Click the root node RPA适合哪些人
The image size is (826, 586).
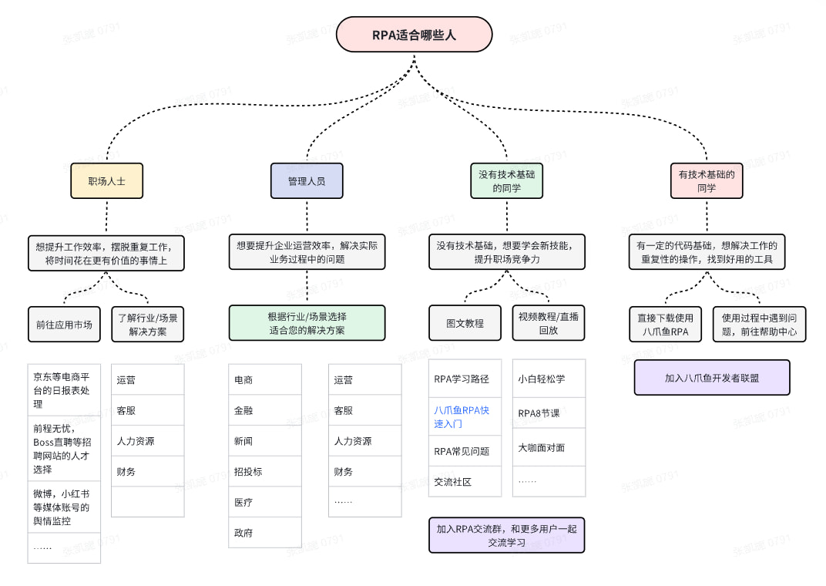click(414, 35)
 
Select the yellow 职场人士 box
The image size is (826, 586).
click(106, 181)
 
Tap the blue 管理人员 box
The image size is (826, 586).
click(307, 181)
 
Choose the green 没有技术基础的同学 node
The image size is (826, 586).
click(506, 180)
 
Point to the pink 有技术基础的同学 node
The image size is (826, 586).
click(707, 180)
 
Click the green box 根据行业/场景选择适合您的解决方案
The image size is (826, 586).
click(307, 323)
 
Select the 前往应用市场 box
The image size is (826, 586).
click(64, 325)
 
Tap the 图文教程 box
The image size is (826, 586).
click(465, 323)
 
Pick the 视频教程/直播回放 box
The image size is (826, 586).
click(549, 323)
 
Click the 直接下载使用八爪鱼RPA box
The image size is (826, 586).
click(665, 325)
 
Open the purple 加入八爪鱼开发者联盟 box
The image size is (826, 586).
click(712, 378)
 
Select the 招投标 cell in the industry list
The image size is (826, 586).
click(264, 471)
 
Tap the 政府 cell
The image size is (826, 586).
click(264, 533)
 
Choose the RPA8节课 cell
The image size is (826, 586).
click(549, 413)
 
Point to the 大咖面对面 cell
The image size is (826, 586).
click(549, 447)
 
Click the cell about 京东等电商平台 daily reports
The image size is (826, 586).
click(64, 390)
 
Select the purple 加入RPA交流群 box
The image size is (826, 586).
click(506, 535)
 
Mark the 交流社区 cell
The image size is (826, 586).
click(465, 482)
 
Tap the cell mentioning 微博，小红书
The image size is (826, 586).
click(64, 507)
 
